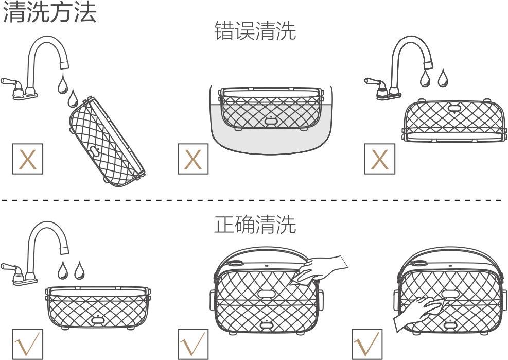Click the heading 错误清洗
coord(255,31)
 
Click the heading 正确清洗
coord(255,225)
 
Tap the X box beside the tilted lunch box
coord(27,160)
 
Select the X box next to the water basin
coord(192,160)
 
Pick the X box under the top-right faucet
coord(380,160)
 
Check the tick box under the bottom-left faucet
coord(27,344)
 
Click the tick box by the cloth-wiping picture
coord(193,344)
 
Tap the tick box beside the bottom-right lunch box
coord(367,344)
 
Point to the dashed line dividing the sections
coord(252,200)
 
